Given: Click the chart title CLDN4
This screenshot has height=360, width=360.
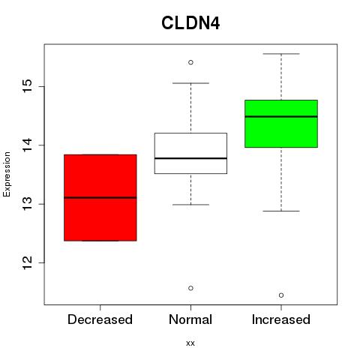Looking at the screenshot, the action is [190, 23].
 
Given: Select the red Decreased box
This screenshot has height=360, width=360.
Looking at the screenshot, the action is [100, 197].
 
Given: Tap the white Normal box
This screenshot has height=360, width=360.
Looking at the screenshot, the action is [190, 153].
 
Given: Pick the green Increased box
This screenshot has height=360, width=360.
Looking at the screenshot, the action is [281, 124].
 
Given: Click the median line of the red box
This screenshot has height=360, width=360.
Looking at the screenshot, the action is [100, 198].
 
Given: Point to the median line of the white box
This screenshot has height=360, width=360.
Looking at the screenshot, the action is [190, 158].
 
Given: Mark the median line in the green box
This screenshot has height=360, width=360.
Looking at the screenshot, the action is [281, 116].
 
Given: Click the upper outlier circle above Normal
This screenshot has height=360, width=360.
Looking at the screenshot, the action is [190, 62].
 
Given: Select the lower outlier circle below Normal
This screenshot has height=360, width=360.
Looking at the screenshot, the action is [190, 288].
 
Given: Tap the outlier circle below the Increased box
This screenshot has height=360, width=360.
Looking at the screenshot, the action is [281, 295].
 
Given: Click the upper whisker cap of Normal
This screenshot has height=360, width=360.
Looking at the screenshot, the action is [190, 83].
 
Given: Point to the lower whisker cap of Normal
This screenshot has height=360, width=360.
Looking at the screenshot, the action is [190, 205].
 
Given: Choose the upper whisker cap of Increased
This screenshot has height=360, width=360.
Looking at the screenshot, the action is [281, 54].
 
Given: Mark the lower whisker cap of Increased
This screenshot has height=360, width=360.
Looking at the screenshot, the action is [281, 211].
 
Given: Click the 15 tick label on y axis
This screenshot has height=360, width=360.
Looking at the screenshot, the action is [28, 86].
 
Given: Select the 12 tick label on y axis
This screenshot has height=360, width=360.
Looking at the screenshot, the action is [28, 262].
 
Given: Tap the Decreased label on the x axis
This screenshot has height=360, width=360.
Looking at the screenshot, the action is [100, 319].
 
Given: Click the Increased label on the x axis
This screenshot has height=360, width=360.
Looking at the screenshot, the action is [281, 319].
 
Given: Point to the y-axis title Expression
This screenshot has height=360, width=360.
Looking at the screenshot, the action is [7, 174].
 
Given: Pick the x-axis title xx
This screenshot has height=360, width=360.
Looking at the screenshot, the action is [190, 343].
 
